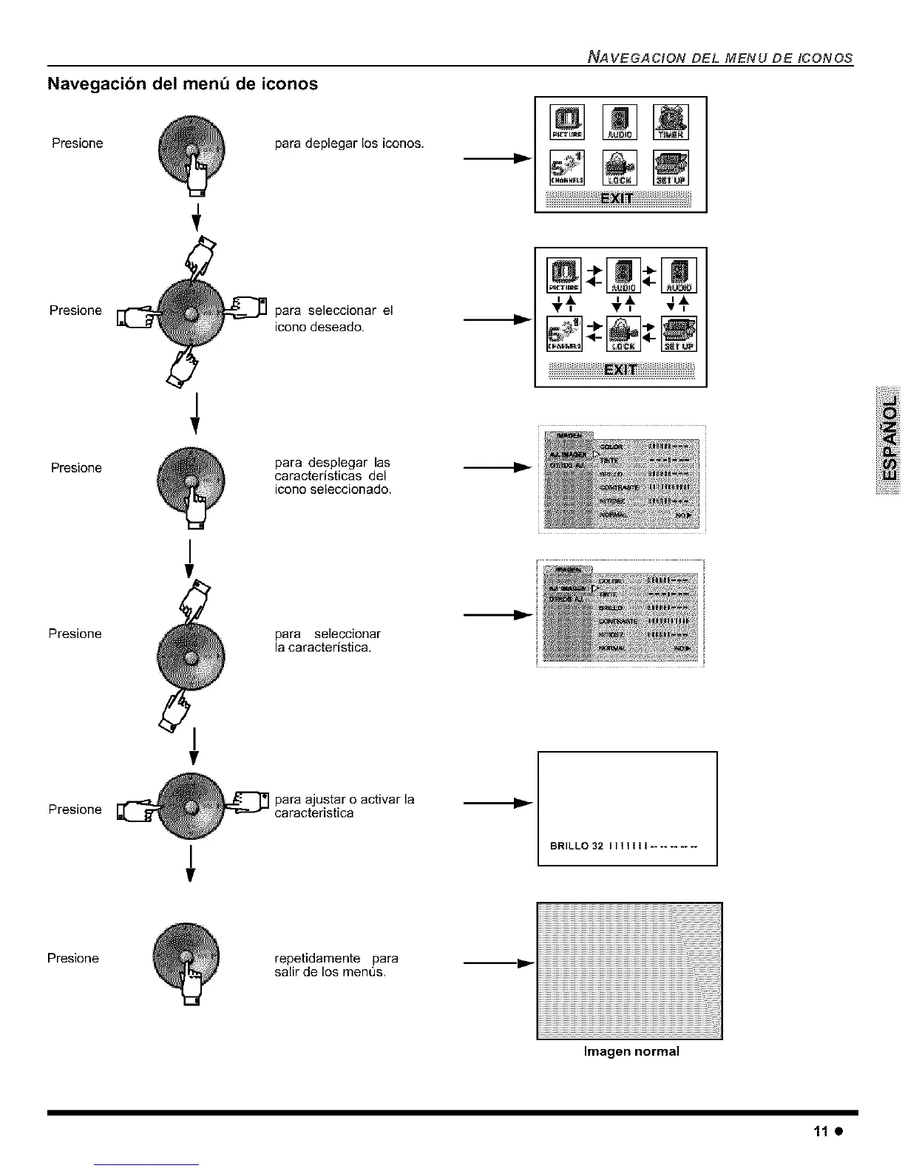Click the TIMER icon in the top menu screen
pos(671,123)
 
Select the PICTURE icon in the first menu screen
pos(567,123)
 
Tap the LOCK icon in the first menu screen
pos(620,167)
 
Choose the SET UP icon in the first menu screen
pos(671,167)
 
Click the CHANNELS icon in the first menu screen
pos(567,167)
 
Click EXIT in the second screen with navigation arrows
pos(620,370)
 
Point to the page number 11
pos(819,1132)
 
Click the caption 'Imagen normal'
pos(631,1051)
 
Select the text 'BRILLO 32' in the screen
pos(577,846)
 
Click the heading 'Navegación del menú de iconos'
pos(183,84)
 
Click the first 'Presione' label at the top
pos(78,143)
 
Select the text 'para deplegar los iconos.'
pos(349,143)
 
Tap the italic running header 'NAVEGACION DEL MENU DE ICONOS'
pos(719,58)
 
